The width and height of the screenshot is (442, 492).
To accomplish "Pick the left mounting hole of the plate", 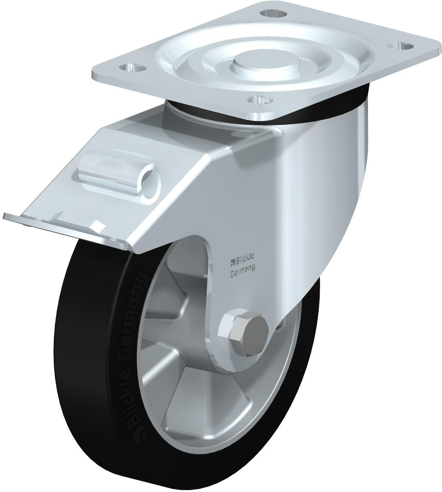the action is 133,68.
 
